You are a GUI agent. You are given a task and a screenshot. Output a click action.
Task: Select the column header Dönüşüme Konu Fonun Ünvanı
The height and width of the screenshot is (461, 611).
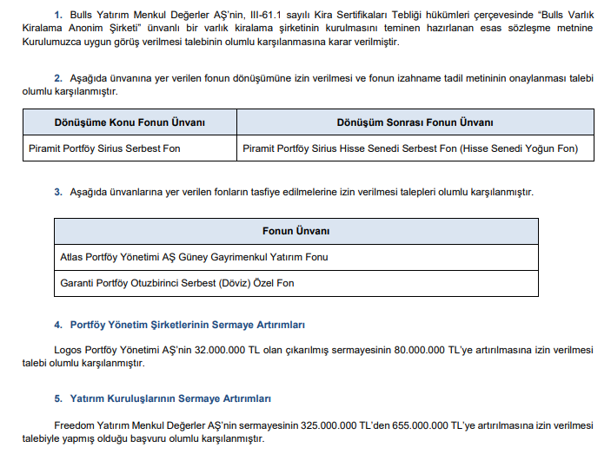[130, 122]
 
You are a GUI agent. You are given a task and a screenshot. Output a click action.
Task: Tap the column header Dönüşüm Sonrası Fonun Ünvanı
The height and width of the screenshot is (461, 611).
[415, 122]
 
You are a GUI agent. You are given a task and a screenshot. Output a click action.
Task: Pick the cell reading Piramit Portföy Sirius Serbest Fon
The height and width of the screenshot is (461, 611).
[116, 148]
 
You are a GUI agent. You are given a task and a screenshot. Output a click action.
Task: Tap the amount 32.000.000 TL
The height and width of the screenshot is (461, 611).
[230, 350]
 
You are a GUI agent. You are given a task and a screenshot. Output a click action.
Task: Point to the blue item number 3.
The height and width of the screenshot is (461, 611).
[57, 191]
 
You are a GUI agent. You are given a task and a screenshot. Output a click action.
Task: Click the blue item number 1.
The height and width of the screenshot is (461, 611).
[57, 16]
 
